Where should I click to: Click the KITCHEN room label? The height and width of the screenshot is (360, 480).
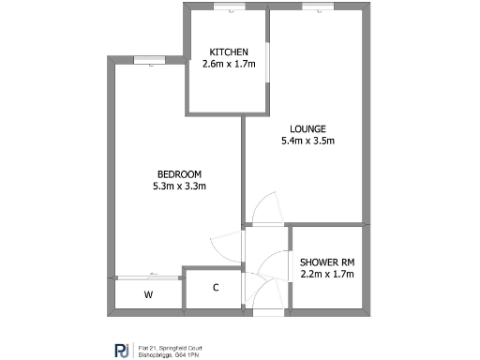[229, 52]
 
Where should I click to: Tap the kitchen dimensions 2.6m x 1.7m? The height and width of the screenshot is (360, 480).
[229, 65]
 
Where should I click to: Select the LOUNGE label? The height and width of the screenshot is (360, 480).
[307, 128]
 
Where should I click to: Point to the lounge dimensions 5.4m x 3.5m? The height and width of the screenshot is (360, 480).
[307, 142]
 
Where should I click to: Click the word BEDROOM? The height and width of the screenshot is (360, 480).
[178, 173]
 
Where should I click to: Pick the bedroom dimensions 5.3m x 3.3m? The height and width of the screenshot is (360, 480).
[178, 186]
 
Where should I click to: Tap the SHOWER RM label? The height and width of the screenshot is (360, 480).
[327, 261]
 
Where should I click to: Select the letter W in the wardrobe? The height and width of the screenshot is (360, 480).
[148, 294]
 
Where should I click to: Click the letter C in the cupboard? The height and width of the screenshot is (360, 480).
[216, 288]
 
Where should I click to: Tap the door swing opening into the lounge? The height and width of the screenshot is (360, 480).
[263, 208]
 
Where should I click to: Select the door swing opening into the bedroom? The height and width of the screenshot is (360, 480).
[226, 247]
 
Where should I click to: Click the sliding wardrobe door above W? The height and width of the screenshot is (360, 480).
[148, 277]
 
